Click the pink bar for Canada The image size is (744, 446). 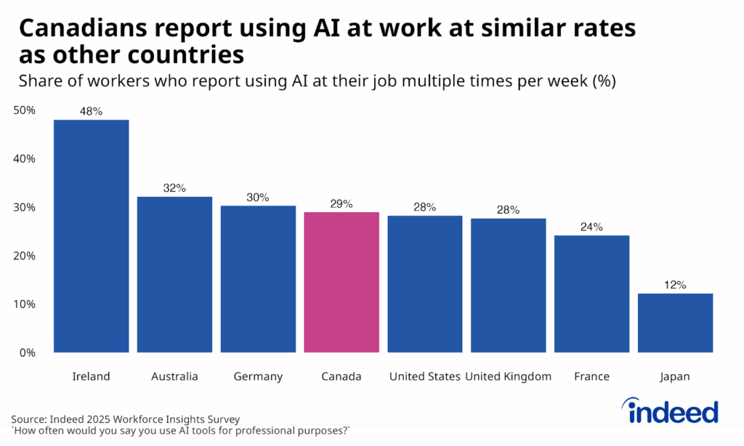pyautogui.click(x=341, y=282)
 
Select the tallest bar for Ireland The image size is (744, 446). pyautogui.click(x=92, y=236)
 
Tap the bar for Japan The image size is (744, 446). pyautogui.click(x=675, y=323)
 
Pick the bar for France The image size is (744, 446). pyautogui.click(x=591, y=293)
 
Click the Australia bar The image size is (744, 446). pyautogui.click(x=174, y=275)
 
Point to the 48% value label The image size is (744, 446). pyautogui.click(x=92, y=111)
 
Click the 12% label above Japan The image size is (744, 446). pyautogui.click(x=675, y=285)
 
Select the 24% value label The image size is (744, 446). pyautogui.click(x=591, y=227)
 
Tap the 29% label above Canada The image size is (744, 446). pyautogui.click(x=341, y=204)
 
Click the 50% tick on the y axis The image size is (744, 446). pyautogui.click(x=24, y=110)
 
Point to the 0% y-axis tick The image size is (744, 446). pyautogui.click(x=27, y=352)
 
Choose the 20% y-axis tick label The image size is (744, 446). pyautogui.click(x=24, y=256)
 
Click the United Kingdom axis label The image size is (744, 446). pyautogui.click(x=508, y=376)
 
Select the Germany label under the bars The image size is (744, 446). pyautogui.click(x=258, y=376)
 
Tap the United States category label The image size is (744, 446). pyautogui.click(x=425, y=376)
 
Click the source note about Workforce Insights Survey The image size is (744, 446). pyautogui.click(x=125, y=419)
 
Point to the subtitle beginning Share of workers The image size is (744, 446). pyautogui.click(x=317, y=81)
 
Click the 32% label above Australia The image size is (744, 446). pyautogui.click(x=174, y=188)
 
